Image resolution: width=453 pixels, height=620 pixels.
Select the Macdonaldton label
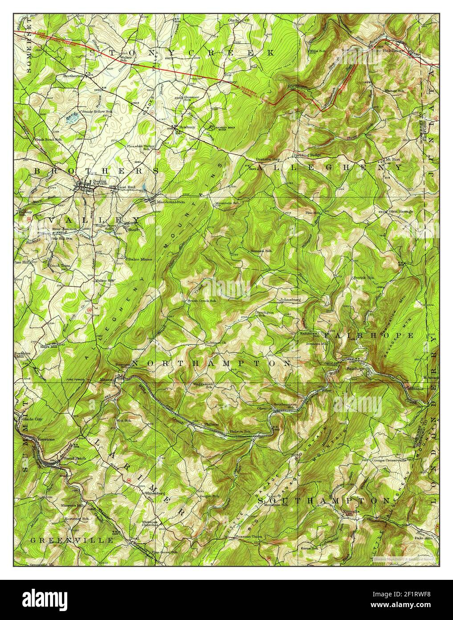171,202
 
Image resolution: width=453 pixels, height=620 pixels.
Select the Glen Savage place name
401,211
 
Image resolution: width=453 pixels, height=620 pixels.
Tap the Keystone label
45,439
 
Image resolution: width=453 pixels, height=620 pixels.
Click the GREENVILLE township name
72,540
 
